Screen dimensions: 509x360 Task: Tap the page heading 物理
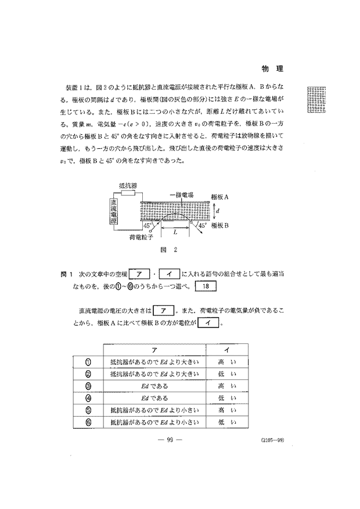coord(272,69)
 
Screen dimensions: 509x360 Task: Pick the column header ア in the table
coord(154,349)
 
